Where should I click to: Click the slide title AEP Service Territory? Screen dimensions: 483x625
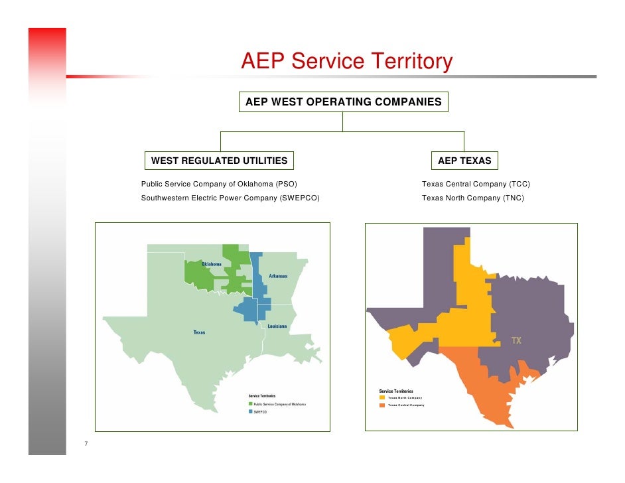coord(346,62)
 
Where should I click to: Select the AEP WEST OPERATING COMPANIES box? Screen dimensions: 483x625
coord(343,102)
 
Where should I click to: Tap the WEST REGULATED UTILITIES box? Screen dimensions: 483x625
coord(219,161)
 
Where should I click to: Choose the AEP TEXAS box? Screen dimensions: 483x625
coord(464,161)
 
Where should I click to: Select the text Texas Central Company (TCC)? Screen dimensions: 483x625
coord(476,184)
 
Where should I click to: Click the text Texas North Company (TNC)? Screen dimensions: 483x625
coord(472,198)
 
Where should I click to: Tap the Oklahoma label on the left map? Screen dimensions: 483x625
coord(212,264)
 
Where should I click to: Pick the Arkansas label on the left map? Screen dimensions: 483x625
coord(278,276)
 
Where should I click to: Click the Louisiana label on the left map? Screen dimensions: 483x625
coord(277,326)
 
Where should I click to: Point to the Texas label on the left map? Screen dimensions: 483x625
coord(199,332)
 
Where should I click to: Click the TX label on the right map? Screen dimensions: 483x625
coord(516,341)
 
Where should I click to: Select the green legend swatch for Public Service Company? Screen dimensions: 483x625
coord(251,403)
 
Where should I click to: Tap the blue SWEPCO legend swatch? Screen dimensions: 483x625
coord(251,411)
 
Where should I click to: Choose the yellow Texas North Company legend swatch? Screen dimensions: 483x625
coord(382,397)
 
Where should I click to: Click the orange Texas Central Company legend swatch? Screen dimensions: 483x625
coord(382,405)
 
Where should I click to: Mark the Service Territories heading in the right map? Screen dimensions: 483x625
coord(396,391)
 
